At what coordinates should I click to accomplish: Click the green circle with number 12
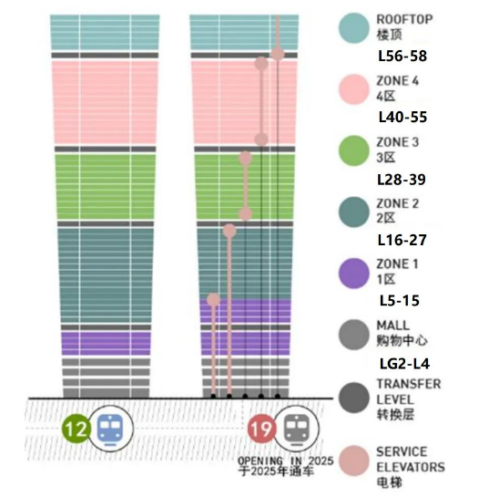[76, 429]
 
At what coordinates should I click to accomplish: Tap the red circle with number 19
[262, 429]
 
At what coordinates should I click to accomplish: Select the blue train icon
[110, 429]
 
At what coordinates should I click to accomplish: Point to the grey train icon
[296, 429]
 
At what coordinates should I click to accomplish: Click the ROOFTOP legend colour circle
[354, 28]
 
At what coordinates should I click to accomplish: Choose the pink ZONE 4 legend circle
[354, 89]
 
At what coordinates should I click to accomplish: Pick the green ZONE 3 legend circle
[354, 150]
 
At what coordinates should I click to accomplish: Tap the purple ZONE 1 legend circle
[354, 274]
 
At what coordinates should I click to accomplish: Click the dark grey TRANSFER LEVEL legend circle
[354, 398]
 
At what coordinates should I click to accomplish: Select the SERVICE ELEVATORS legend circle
[354, 461]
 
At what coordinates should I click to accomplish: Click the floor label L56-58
[402, 57]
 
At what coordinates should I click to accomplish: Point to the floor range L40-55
[402, 118]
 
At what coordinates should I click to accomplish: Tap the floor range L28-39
[402, 180]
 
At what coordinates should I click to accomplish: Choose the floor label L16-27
[402, 240]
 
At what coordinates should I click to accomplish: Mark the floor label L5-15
[400, 301]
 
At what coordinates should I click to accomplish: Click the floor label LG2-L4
[404, 364]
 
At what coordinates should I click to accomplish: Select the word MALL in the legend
[393, 326]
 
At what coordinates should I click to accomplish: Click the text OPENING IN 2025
[285, 461]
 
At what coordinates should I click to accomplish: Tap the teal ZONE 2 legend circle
[354, 212]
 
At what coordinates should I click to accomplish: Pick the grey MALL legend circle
[354, 335]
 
